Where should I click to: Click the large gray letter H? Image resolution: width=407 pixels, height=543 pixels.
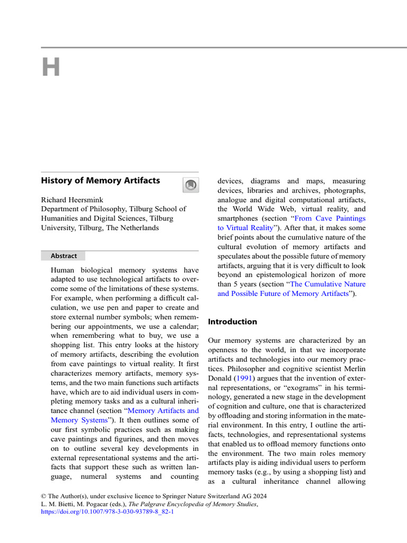click(x=51, y=68)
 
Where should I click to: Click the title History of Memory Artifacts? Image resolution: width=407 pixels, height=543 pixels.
click(x=100, y=181)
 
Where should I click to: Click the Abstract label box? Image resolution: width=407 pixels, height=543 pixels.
click(x=64, y=256)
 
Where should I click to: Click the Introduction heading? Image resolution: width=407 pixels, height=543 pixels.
click(x=232, y=322)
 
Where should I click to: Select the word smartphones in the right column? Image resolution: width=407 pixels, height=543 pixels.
click(x=239, y=218)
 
